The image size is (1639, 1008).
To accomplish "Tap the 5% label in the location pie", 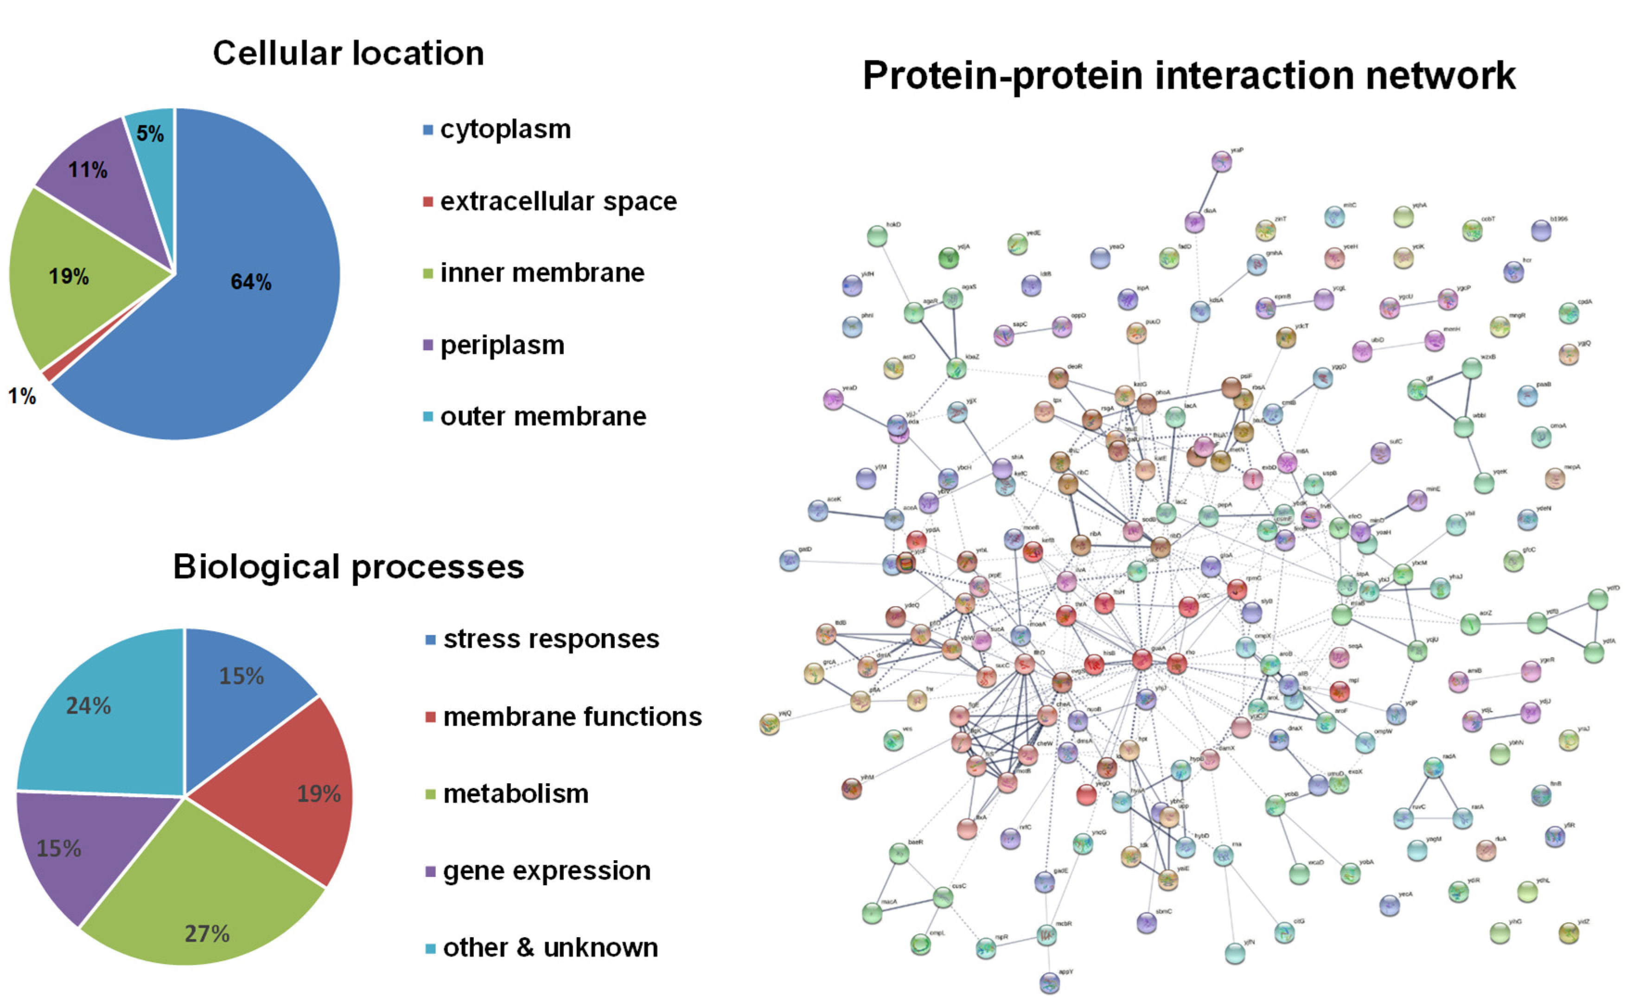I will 150,134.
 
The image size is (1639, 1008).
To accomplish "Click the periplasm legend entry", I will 501,345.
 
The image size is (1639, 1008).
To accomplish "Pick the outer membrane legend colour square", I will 428,417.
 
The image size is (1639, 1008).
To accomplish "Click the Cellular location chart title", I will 348,53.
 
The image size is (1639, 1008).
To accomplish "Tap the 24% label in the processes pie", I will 88,706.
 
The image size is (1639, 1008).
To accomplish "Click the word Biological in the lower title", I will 257,567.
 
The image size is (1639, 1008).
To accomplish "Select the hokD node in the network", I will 877,236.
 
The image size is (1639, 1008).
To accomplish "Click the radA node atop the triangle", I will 1433,768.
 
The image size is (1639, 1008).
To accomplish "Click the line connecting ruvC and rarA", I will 1432,818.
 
